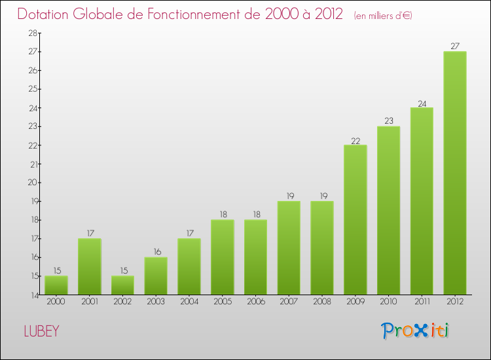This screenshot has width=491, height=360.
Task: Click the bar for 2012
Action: [x=455, y=173]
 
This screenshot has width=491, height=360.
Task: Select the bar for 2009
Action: [x=355, y=220]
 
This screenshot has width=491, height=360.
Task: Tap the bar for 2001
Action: [x=89, y=266]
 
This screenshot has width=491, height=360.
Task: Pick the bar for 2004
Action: [x=189, y=266]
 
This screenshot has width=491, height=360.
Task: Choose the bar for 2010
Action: [x=388, y=210]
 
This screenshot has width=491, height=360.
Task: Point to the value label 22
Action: [x=355, y=140]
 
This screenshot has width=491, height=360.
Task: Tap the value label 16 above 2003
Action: [x=156, y=252]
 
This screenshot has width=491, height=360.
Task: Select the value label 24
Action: [x=422, y=103]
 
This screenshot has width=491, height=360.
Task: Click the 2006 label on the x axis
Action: [x=255, y=302]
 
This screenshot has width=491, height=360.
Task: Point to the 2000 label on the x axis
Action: [x=56, y=302]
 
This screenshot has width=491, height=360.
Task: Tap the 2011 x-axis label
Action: [x=422, y=302]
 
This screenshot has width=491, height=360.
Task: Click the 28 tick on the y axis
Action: [x=31, y=33]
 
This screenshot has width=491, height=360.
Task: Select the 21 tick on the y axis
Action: [x=31, y=164]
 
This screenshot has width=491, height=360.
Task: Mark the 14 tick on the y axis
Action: [x=31, y=295]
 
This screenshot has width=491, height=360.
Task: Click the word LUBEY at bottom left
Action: [x=41, y=331]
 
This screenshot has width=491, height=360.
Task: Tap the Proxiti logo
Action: [x=416, y=331]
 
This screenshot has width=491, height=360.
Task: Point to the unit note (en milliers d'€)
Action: [x=383, y=15]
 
